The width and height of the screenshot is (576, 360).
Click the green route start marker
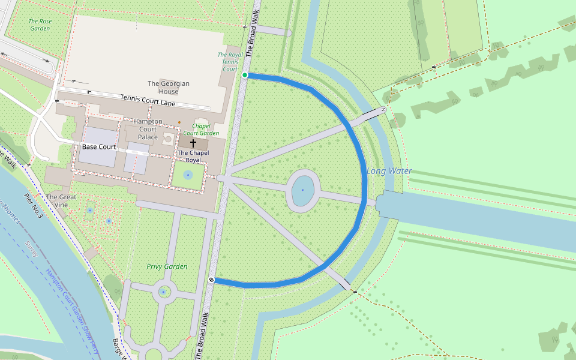click(245, 75)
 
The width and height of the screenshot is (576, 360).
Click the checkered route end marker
click(212, 280)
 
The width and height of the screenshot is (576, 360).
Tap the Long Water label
click(389, 171)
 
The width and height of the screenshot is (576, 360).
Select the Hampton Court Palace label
click(148, 129)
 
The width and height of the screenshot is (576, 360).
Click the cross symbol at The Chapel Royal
click(193, 143)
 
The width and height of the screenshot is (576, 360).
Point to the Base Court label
click(99, 147)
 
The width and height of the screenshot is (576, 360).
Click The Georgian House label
click(169, 88)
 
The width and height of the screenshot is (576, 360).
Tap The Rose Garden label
click(40, 25)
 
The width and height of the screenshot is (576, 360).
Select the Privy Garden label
click(167, 266)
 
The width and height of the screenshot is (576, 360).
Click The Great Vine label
click(61, 201)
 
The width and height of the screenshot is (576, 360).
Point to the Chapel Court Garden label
click(201, 129)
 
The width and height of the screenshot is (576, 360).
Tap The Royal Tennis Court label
click(230, 62)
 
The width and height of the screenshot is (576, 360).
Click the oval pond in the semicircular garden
click(302, 190)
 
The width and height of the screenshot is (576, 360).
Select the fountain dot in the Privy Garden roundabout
click(163, 292)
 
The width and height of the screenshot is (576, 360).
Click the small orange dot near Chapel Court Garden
click(179, 122)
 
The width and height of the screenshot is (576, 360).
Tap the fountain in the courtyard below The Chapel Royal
click(188, 175)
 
